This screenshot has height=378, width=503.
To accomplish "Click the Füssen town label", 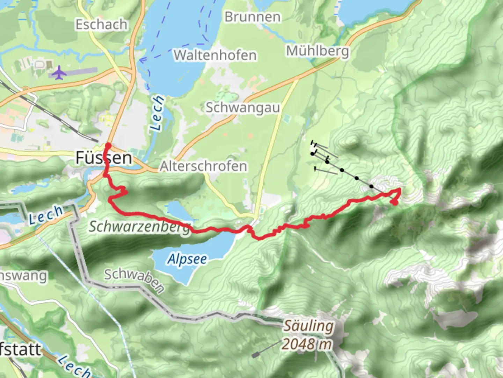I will pyautogui.click(x=104, y=158).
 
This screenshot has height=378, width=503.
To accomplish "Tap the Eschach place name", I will pyautogui.click(x=101, y=24).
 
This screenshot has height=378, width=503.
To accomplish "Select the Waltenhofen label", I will pyautogui.click(x=215, y=55).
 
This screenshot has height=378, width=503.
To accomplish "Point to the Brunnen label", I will pyautogui.click(x=252, y=17).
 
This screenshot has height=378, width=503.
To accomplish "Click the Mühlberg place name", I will pyautogui.click(x=318, y=51).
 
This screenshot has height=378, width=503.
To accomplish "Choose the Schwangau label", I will pyautogui.click(x=243, y=107).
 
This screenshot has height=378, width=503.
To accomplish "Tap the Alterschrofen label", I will pyautogui.click(x=203, y=166).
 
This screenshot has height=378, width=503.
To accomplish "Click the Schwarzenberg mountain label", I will pyautogui.click(x=140, y=227).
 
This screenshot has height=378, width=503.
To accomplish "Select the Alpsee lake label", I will pyautogui.click(x=187, y=259).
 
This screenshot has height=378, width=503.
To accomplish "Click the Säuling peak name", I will pyautogui.click(x=308, y=326).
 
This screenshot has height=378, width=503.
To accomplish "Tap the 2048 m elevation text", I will pyautogui.click(x=307, y=344).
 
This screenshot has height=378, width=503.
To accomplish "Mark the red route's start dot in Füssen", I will pyautogui.click(x=108, y=145).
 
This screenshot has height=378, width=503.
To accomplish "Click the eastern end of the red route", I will pyautogui.click(x=394, y=202).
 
